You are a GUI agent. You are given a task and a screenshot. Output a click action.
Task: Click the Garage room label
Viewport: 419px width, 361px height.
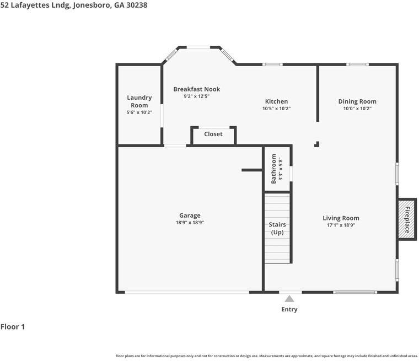pos(190,215)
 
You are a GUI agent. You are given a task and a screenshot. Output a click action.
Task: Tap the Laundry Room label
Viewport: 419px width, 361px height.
pos(139,101)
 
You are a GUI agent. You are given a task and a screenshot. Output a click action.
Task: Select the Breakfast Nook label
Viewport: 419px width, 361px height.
pos(197,89)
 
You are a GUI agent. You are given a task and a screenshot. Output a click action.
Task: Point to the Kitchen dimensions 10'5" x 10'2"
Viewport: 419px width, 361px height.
pos(276,109)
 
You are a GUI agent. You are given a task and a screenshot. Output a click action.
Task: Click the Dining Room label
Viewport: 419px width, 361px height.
pos(357,101)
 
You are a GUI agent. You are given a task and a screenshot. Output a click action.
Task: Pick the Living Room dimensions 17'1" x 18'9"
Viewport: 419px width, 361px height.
pos(341,225)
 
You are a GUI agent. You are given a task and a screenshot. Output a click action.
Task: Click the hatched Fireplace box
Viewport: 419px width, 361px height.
pos(407,219)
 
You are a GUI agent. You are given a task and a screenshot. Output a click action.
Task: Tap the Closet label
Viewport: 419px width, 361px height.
pos(213,134)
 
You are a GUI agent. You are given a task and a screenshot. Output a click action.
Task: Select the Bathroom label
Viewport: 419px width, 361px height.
pos(273,169)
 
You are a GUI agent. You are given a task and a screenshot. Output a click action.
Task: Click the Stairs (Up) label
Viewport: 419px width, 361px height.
pos(277,228)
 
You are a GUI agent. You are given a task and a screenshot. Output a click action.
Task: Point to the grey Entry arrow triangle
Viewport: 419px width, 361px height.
pos(289,299)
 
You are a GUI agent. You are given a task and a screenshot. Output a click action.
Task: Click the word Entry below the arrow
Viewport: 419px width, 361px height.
pos(289,309)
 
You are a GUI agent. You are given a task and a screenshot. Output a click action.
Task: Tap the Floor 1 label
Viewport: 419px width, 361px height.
pos(13,326)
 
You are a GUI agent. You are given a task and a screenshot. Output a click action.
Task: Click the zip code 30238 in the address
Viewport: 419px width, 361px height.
pos(137,5)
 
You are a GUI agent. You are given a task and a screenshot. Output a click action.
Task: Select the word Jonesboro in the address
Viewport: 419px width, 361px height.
pos(92,6)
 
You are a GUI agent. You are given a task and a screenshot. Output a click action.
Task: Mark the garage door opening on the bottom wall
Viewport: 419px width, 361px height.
pos(187,292)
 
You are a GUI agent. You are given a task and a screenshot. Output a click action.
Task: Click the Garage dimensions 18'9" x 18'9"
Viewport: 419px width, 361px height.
pos(190,223)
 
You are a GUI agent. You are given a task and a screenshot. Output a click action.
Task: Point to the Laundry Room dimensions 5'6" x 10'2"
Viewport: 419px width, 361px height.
pos(139,112)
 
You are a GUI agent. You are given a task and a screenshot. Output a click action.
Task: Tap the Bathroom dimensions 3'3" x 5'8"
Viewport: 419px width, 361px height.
pos(280,170)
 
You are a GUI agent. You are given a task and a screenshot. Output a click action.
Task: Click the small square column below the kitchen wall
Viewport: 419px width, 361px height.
pos(317,144)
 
